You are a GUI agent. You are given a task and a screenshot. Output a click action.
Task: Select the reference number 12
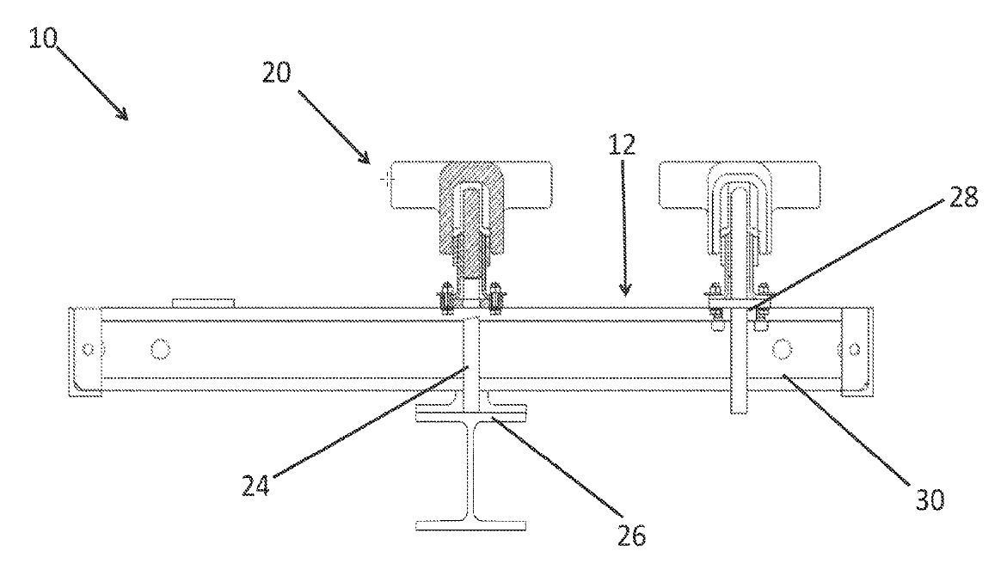click(624, 145)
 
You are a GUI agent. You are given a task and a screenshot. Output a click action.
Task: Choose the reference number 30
click(927, 499)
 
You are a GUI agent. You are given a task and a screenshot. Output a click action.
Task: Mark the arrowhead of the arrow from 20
click(367, 159)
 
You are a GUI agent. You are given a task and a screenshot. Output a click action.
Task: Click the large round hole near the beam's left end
click(159, 349)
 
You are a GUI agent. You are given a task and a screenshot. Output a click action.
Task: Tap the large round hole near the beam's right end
click(782, 348)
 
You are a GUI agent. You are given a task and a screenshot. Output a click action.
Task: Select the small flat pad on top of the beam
click(203, 301)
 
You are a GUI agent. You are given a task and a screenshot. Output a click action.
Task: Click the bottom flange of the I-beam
click(473, 523)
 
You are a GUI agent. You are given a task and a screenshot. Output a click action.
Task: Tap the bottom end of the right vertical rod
click(738, 410)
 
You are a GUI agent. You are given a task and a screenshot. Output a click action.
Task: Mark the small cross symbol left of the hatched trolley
click(385, 180)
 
